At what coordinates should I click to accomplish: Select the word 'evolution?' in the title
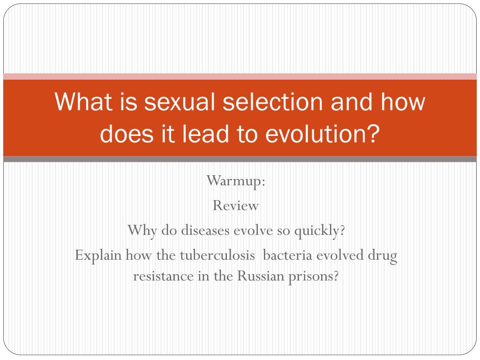322,134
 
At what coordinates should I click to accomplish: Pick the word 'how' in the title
403,102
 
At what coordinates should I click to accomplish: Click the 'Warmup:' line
236,181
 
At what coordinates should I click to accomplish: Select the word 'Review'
236,205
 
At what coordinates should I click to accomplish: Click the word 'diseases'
205,230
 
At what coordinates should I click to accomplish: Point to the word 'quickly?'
320,231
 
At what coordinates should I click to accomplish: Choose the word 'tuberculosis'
217,255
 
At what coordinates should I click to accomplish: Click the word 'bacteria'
287,255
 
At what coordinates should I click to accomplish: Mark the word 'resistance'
164,277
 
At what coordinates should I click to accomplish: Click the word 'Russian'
261,277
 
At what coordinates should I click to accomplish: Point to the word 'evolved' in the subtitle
340,255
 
